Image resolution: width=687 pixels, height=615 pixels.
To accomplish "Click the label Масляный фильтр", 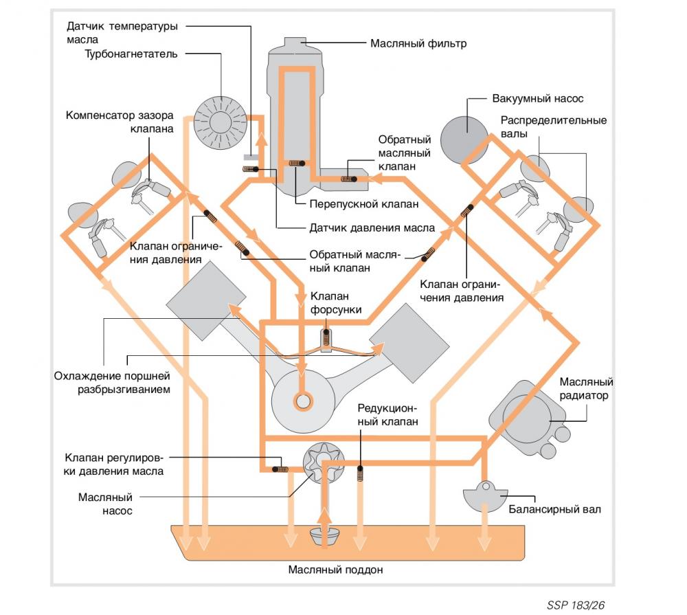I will [x=418, y=43].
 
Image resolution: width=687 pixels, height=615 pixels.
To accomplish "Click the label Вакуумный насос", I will [x=538, y=99].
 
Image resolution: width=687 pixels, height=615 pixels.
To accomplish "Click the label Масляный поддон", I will [x=335, y=570].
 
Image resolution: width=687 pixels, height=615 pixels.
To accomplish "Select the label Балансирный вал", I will [x=554, y=509].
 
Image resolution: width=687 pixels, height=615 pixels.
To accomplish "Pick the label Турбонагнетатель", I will [x=131, y=54].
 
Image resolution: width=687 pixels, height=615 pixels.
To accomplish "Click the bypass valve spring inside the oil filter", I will [x=295, y=163].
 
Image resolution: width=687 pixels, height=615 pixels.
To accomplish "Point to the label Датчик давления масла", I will [x=371, y=228].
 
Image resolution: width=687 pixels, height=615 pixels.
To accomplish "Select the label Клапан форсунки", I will [x=336, y=303].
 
